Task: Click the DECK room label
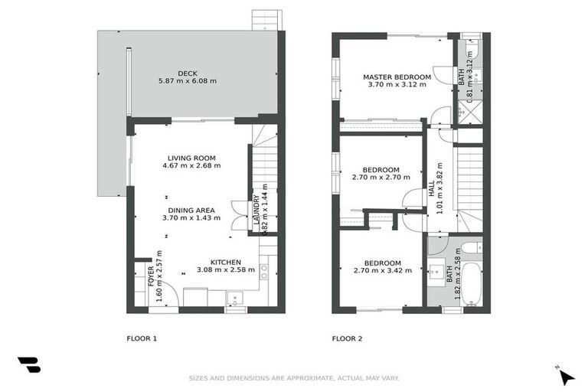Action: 188,73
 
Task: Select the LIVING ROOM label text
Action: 194,158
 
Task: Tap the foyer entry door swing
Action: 168,295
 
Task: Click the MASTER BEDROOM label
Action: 397,77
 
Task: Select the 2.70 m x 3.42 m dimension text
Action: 382,270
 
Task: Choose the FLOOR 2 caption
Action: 347,338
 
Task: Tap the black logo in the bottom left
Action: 28,365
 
